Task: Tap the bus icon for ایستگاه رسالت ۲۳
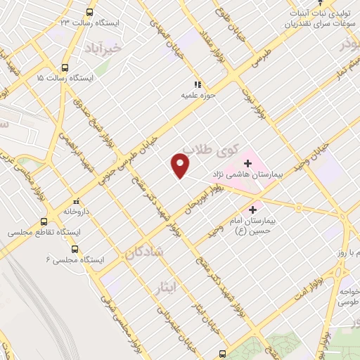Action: (89, 12)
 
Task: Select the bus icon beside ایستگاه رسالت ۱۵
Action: (65, 68)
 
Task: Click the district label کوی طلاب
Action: (207, 149)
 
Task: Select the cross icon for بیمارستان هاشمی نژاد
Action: (247, 162)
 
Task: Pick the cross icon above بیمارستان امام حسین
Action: (252, 210)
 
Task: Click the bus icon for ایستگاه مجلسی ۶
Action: (75, 250)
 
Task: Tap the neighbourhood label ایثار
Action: (162, 288)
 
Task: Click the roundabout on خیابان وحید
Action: (299, 207)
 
